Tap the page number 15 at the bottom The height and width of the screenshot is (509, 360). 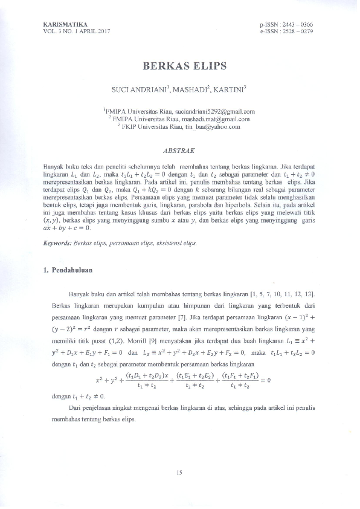(x=179, y=473)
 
